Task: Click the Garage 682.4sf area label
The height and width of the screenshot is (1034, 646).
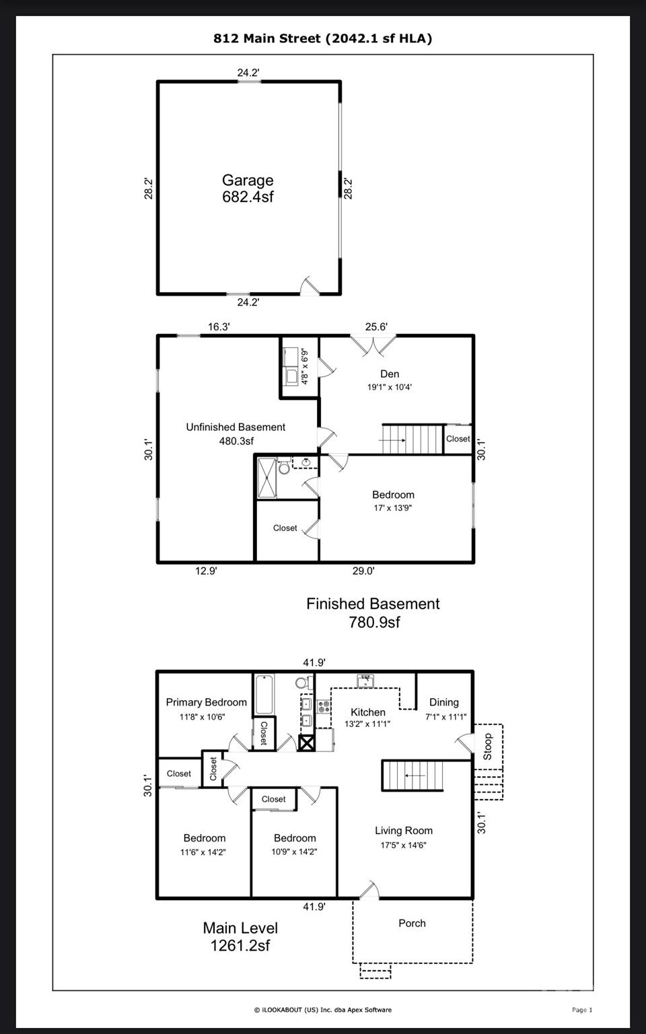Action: click(248, 188)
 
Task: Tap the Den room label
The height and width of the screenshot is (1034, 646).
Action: click(390, 374)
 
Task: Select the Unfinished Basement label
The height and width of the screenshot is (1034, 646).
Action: click(236, 427)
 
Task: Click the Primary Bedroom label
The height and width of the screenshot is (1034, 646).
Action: click(207, 702)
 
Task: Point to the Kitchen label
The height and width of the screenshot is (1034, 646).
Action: click(368, 712)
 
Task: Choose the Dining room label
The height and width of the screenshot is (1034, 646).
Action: click(444, 702)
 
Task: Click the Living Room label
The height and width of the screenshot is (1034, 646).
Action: click(404, 831)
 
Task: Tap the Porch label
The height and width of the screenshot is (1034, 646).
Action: click(412, 923)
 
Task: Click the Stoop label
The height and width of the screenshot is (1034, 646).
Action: click(488, 747)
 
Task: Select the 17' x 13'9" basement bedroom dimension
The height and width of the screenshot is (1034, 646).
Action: click(393, 508)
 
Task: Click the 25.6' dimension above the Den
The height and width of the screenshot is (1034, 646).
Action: click(376, 326)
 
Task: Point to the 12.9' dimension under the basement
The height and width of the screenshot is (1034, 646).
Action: click(206, 571)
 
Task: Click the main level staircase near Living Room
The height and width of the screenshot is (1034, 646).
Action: click(412, 775)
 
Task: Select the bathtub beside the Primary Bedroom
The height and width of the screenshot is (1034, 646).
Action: click(264, 694)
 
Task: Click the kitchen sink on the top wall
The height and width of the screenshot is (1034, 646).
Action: click(365, 681)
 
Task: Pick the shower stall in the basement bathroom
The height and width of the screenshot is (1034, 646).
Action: click(266, 478)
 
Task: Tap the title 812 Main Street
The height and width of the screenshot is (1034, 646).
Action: click(266, 38)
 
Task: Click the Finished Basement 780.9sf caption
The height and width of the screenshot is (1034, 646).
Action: click(373, 613)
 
